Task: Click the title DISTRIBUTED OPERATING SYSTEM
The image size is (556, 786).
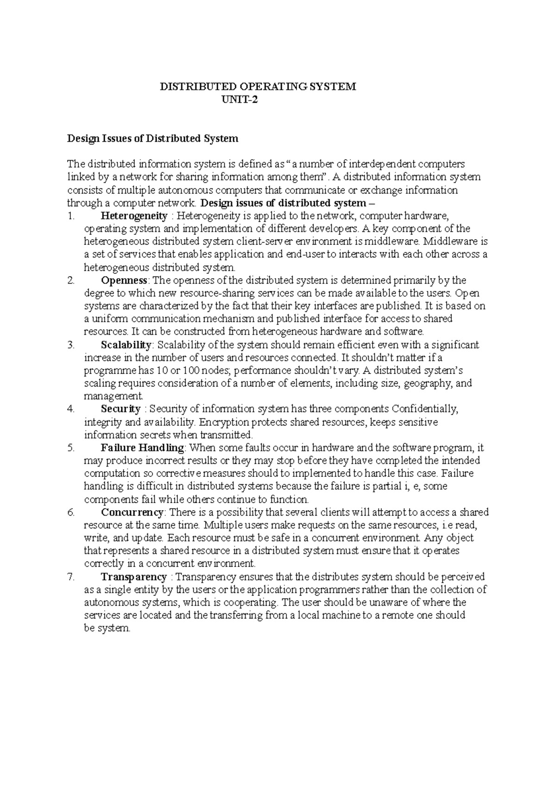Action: click(258, 87)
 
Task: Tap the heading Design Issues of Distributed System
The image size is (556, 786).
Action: click(152, 138)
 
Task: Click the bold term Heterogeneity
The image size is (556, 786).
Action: click(134, 216)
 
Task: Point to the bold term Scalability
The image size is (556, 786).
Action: click(126, 345)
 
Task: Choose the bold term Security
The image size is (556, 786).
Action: click(120, 409)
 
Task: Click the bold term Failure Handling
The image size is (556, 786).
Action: click(142, 448)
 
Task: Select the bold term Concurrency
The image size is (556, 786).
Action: click(132, 512)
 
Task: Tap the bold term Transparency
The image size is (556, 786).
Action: click(133, 577)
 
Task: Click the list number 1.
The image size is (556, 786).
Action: click(70, 216)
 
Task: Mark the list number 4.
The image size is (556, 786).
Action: click(70, 409)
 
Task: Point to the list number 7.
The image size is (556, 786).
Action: click(70, 577)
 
